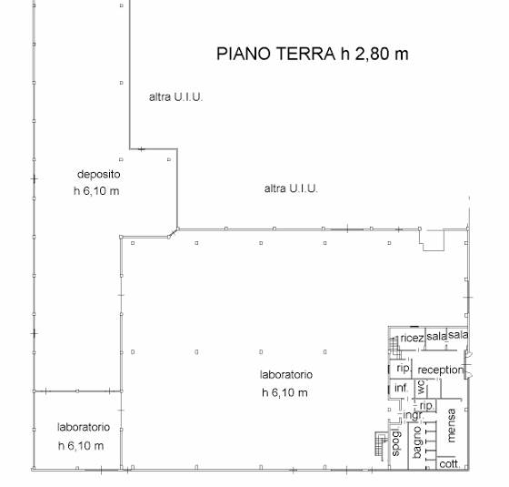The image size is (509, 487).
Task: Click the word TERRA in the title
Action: click(305, 54)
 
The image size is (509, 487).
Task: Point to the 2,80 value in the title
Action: click(373, 55)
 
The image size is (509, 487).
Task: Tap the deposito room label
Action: click(99, 174)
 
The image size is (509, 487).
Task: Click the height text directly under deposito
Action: click(96, 190)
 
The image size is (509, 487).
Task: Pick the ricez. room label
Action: click(413, 338)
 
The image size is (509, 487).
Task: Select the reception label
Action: click(441, 370)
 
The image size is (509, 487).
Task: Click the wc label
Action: click(421, 387)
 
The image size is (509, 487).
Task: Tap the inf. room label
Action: click(401, 388)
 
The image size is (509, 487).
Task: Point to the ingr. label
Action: click(413, 415)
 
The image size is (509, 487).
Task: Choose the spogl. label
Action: click(396, 442)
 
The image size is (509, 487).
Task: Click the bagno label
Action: click(417, 442)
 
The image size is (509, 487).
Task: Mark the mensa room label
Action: click(451, 425)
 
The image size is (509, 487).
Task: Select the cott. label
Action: click(449, 464)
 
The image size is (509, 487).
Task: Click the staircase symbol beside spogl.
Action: click(381, 444)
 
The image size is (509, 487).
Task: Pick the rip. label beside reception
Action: click(404, 369)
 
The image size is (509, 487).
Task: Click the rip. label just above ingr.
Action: click(426, 406)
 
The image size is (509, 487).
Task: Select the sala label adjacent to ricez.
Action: click(436, 336)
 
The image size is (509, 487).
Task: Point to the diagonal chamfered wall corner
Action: click(173, 232)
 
